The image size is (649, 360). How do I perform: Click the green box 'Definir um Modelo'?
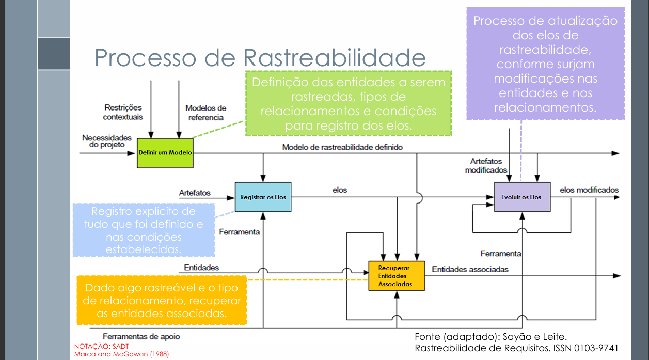tap(165, 153)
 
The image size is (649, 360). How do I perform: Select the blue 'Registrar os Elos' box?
tap(263, 197)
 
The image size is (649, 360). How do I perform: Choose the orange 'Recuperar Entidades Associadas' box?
tap(395, 276)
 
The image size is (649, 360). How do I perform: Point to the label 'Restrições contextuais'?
tap(122, 113)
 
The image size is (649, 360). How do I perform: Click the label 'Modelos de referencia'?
tap(205, 113)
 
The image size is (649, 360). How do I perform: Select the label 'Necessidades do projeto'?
tap(106, 141)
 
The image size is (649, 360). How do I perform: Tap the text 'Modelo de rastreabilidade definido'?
tap(342, 147)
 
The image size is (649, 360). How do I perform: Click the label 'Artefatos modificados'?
tap(486, 166)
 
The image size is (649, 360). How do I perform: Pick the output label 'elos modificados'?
tap(589, 190)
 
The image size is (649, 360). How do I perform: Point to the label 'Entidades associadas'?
tap(470, 269)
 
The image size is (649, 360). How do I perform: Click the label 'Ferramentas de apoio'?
tap(141, 336)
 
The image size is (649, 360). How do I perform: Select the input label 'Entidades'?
tap(201, 268)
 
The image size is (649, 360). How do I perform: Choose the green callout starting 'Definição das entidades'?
tap(348, 104)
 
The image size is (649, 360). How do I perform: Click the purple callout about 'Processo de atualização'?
tap(545, 64)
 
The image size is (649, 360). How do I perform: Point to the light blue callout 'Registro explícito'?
tap(143, 230)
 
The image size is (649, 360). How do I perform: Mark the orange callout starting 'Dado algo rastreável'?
tap(162, 301)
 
